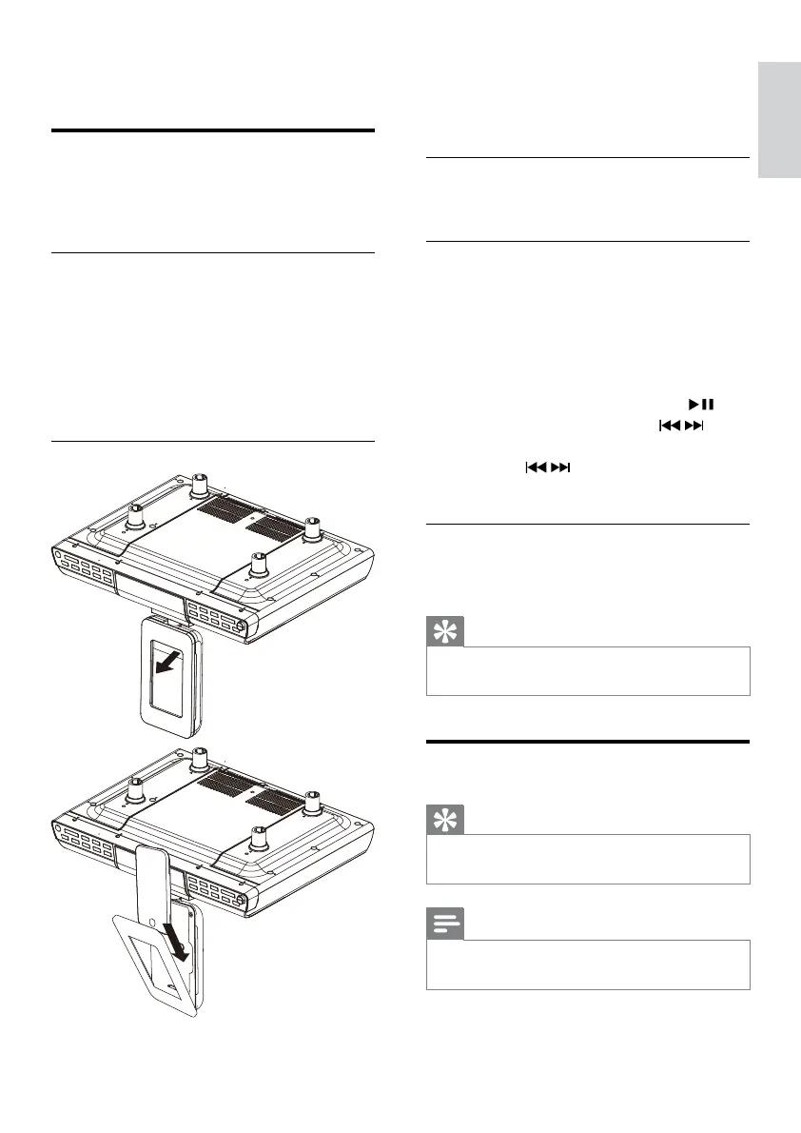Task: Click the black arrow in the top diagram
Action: [170, 663]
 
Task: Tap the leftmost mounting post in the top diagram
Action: [136, 516]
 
